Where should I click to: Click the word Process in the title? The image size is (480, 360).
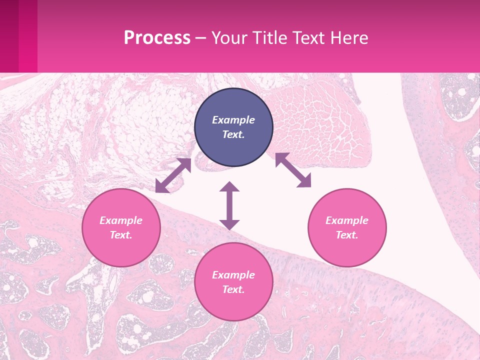[157, 38]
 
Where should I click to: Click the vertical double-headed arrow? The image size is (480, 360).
[229, 205]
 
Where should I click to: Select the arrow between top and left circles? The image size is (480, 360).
[173, 175]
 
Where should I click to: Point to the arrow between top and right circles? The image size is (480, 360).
[293, 170]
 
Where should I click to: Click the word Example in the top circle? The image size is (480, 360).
[233, 120]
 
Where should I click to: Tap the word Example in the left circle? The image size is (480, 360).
[121, 220]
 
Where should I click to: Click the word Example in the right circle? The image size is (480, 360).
[347, 220]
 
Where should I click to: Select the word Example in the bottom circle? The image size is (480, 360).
[233, 275]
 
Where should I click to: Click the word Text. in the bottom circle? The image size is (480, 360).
[233, 289]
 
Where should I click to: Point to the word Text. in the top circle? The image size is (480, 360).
[233, 134]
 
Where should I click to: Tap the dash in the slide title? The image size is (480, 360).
[201, 38]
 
